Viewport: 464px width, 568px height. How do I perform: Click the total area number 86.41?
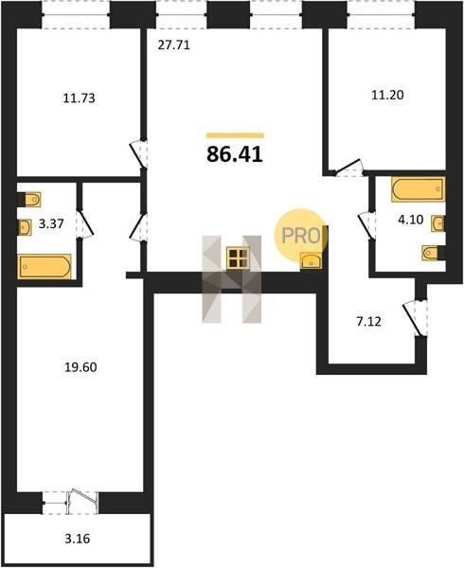(x=235, y=154)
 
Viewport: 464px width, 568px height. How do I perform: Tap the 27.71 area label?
(x=174, y=45)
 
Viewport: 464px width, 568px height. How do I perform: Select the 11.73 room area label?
(x=79, y=98)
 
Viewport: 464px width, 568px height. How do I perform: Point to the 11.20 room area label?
(x=387, y=95)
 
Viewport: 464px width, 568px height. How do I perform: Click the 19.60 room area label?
(x=80, y=367)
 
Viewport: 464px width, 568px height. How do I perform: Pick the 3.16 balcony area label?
(x=77, y=539)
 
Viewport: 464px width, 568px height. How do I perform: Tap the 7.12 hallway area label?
(x=368, y=321)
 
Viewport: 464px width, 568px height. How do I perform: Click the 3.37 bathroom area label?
(x=51, y=223)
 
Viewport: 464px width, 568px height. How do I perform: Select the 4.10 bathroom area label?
(x=411, y=220)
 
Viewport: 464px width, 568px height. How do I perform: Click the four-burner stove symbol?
(x=238, y=257)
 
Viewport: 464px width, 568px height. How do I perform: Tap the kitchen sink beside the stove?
(x=312, y=260)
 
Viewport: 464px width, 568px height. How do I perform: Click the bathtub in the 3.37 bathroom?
(x=45, y=267)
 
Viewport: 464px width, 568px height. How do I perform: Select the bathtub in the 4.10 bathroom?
(x=418, y=188)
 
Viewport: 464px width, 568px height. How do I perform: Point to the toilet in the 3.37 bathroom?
(x=31, y=199)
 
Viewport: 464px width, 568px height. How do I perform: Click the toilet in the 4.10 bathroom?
(x=432, y=253)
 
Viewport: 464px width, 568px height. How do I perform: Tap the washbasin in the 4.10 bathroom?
(x=437, y=223)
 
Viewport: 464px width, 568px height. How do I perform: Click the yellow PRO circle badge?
(x=300, y=234)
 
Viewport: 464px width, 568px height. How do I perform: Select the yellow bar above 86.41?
(x=235, y=135)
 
